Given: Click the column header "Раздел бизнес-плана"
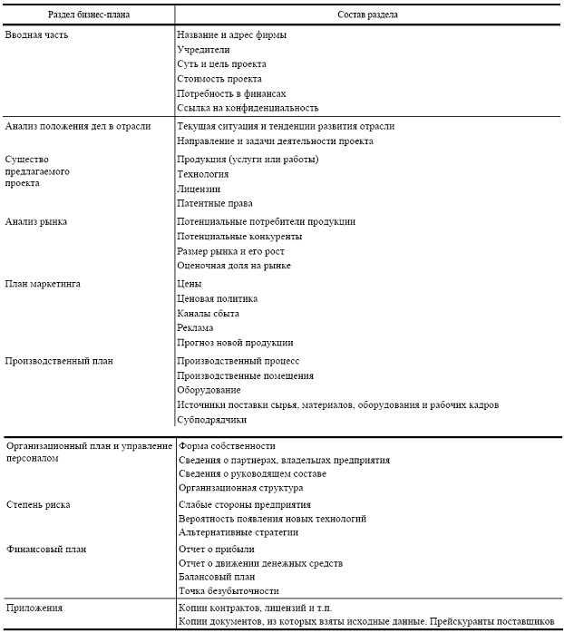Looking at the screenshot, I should pos(88,14).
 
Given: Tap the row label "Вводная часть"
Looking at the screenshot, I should pos(36,34).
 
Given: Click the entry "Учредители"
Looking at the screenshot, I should pos(203,49).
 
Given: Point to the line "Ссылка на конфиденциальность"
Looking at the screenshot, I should pos(248,108).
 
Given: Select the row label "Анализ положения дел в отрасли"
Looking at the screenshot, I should pos(78,126).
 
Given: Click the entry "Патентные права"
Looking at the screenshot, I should pos(215,203).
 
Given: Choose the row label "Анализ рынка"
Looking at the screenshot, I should pos(35,221).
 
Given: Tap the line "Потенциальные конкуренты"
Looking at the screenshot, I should pos(240,236).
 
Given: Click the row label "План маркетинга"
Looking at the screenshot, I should pos(43,284).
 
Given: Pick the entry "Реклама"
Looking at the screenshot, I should pos(196,327).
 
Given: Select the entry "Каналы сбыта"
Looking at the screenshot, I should pos(208,313).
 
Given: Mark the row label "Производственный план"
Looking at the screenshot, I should pos(59,360).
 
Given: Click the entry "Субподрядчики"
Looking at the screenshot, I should pos(212,419).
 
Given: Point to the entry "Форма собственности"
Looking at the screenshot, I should pos(227,446).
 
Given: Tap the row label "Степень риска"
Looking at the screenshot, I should pos(38,504).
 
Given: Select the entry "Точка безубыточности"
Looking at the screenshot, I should pos(228,590).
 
